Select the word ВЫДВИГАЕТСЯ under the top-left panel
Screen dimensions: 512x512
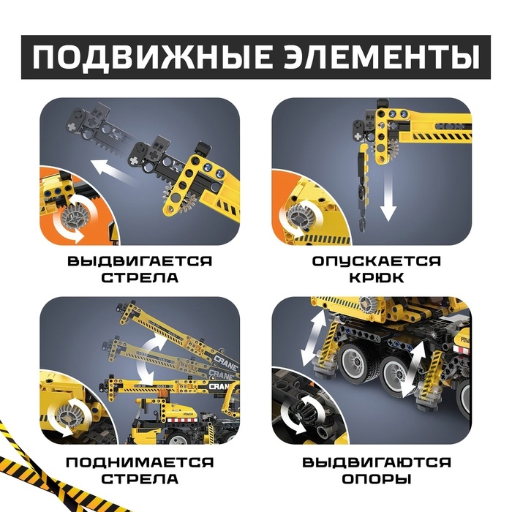[140, 261]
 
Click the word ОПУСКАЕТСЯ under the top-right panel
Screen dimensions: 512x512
[376, 261]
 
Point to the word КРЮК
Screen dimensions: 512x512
[377, 278]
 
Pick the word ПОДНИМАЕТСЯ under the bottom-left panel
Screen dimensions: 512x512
[140, 462]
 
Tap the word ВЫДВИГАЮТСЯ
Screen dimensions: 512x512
[377, 462]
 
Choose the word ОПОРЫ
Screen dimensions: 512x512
[376, 479]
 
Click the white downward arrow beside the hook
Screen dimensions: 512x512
[388, 196]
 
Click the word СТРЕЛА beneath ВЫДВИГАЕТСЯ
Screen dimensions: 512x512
[140, 278]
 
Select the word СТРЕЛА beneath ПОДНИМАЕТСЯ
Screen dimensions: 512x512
[140, 479]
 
